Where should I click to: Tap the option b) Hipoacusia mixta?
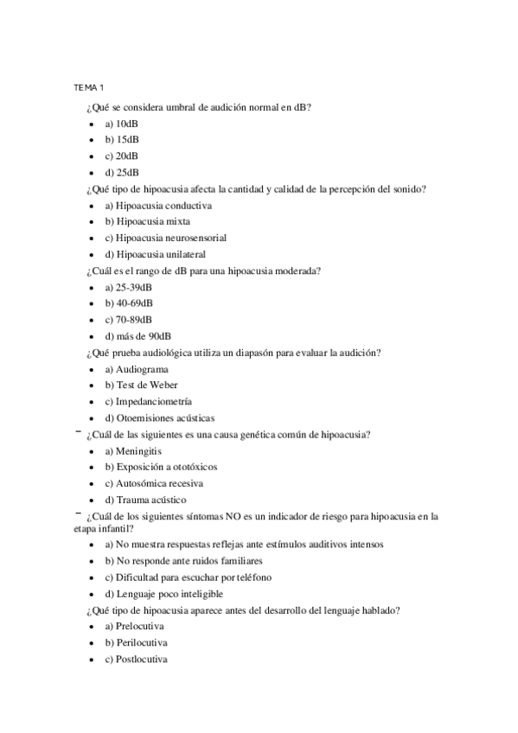(148, 221)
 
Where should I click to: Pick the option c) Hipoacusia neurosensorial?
(166, 238)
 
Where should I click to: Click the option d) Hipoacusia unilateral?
(155, 254)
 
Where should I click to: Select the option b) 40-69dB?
(129, 303)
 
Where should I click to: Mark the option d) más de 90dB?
(137, 335)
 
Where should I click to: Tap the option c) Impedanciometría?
(148, 402)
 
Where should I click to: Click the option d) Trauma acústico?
(145, 500)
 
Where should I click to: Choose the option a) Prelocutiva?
(134, 626)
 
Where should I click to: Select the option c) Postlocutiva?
(136, 659)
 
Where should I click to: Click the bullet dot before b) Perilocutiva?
(92, 643)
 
